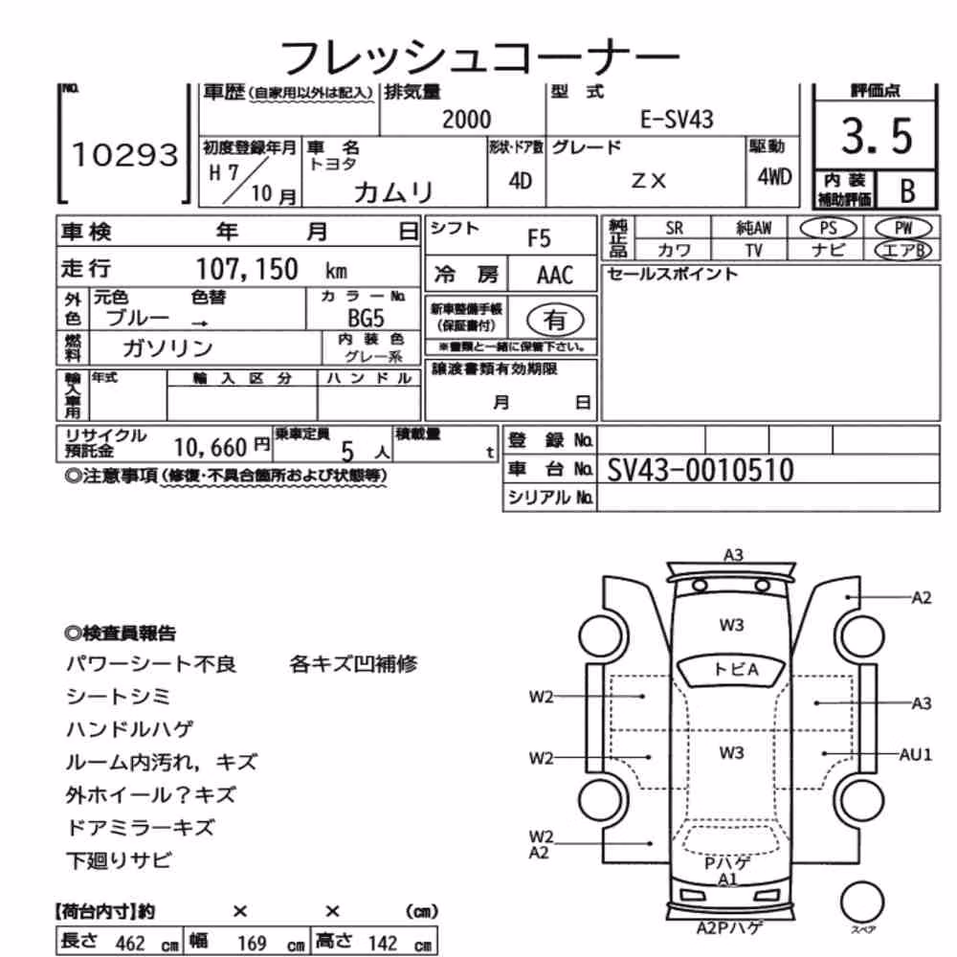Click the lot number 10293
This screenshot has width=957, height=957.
click(125, 154)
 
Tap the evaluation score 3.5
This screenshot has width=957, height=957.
click(877, 136)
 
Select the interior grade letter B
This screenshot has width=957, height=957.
click(907, 191)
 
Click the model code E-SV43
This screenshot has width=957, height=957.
click(677, 119)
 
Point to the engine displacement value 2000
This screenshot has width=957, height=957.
click(466, 119)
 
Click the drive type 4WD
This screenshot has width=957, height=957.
click(774, 177)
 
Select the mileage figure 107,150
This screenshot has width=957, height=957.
click(247, 269)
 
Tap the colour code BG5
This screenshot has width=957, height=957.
click(366, 318)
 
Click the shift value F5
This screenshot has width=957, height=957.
click(538, 238)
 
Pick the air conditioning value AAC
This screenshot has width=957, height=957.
click(554, 276)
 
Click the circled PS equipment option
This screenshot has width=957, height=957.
click(828, 229)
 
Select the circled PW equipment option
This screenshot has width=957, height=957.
click(903, 229)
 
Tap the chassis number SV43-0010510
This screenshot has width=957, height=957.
click(701, 470)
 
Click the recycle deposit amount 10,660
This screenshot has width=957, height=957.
click(210, 448)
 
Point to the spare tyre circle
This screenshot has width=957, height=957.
click(862, 902)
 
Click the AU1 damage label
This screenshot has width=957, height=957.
click(916, 754)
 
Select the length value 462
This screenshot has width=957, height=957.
click(130, 943)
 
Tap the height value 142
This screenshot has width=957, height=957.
click(382, 943)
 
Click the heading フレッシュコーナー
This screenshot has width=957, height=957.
click(479, 57)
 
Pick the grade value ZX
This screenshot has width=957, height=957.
click(648, 181)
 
